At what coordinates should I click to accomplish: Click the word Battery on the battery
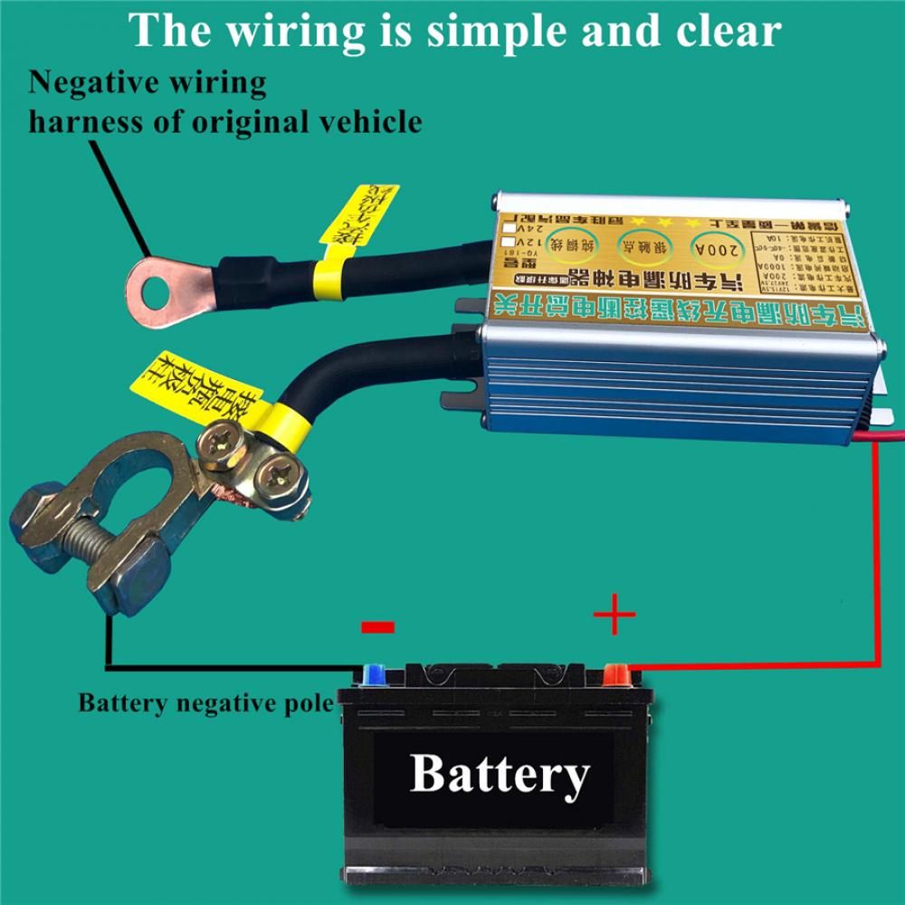(x=499, y=775)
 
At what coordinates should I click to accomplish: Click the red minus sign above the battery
(x=377, y=626)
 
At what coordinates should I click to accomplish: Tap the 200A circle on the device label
(x=720, y=247)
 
